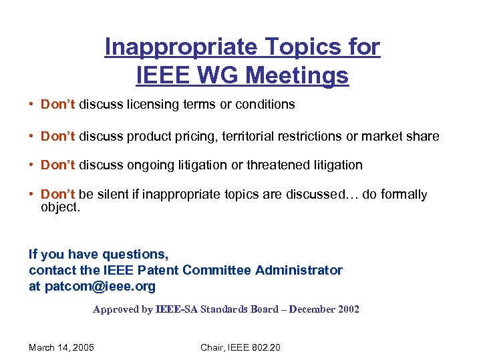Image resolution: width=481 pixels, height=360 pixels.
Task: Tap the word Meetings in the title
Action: point(297,75)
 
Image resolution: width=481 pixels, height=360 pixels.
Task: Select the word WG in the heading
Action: point(218,75)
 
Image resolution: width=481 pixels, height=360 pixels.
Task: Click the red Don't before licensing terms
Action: point(59,104)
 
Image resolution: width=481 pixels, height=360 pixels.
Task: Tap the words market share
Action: point(401,136)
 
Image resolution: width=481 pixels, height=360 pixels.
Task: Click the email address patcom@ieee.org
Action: point(100,286)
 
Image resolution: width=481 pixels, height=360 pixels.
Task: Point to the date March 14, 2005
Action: point(61,347)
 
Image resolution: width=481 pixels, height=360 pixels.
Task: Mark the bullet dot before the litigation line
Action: point(32,165)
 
